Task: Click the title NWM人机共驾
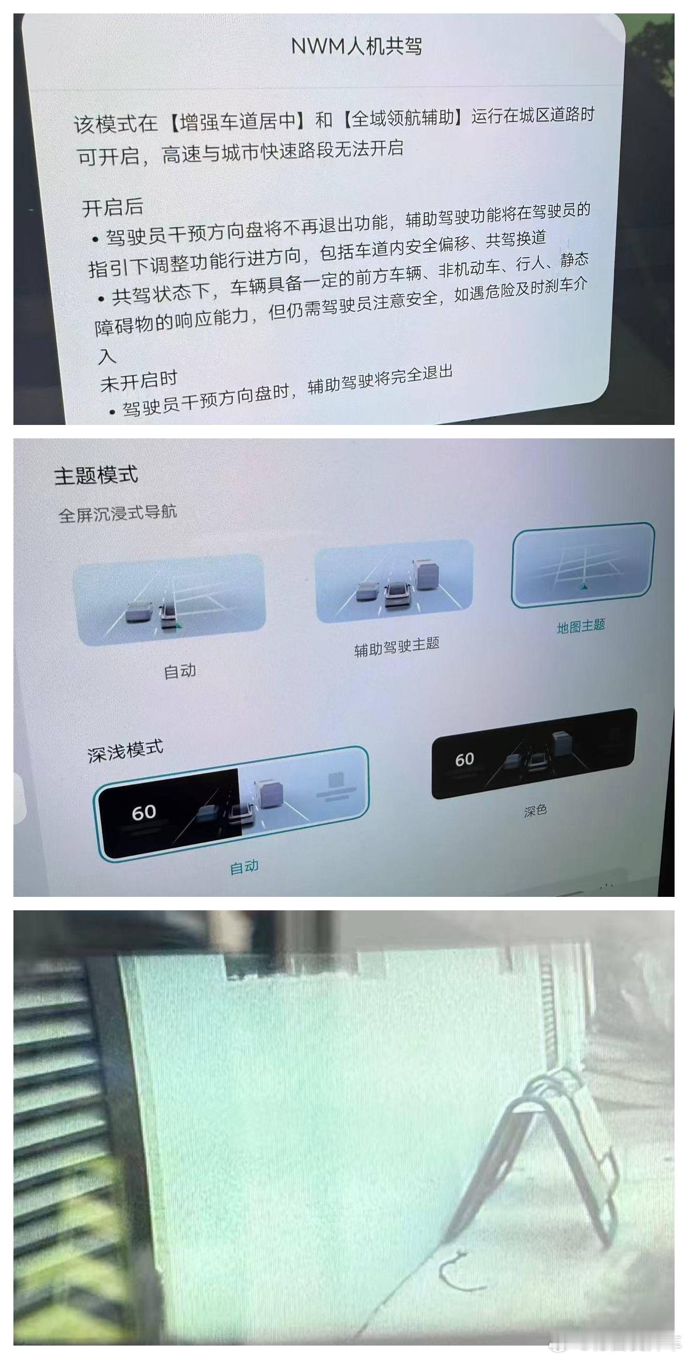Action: point(357,46)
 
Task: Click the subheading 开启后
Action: point(113,208)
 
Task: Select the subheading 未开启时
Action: point(139,381)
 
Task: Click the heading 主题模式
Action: point(96,475)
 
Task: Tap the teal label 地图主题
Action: point(581,627)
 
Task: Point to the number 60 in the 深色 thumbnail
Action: point(464,759)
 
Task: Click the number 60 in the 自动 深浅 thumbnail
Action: point(144,812)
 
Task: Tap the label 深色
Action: point(535,811)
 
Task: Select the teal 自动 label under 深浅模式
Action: point(244,866)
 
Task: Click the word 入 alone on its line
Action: point(107,356)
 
